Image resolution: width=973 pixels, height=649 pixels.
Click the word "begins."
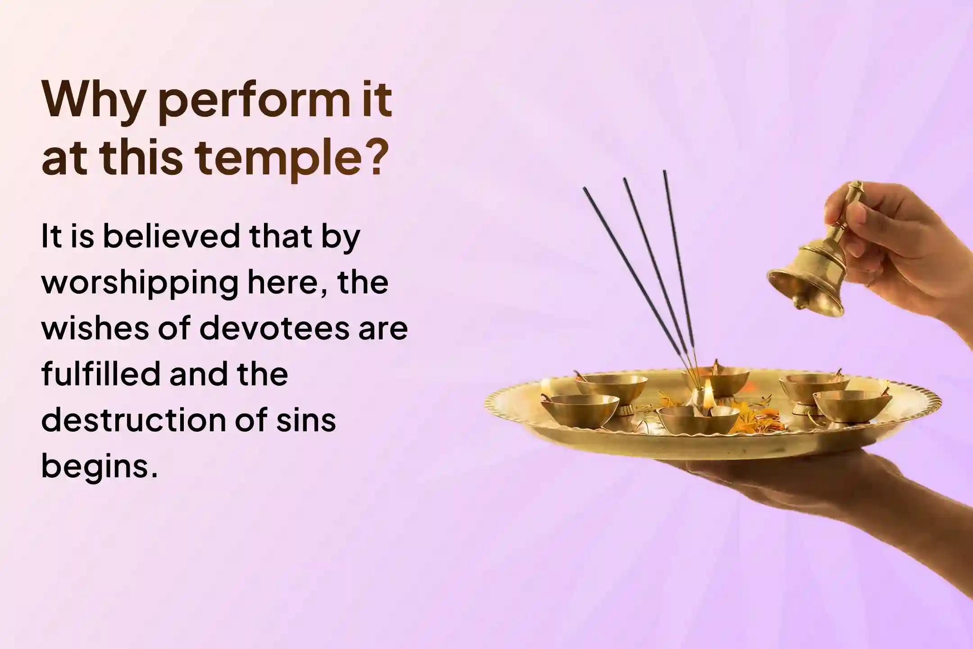pos(100,468)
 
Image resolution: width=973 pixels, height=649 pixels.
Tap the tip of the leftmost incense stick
pos(585,189)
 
